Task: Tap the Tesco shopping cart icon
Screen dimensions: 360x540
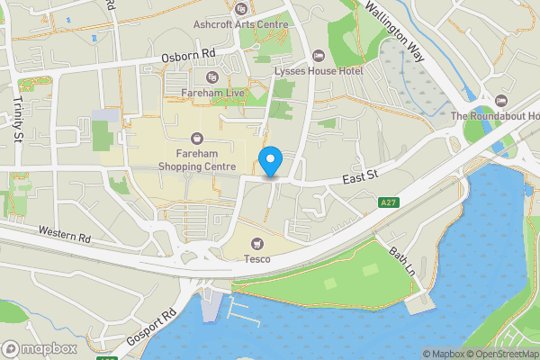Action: click(x=258, y=243)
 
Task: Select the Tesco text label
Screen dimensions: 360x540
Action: click(x=258, y=259)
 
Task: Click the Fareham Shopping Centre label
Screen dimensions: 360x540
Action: click(x=196, y=160)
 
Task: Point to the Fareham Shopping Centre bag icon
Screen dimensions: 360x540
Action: click(x=196, y=138)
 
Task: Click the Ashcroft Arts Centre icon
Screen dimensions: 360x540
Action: click(x=240, y=10)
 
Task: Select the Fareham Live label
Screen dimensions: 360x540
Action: click(x=211, y=93)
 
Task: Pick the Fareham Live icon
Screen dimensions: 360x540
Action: click(x=211, y=76)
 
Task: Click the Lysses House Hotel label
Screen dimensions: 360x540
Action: click(x=319, y=71)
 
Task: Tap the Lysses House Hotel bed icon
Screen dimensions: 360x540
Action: click(x=319, y=55)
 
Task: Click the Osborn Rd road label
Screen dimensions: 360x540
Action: click(x=184, y=57)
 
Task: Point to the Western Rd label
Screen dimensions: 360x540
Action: click(x=64, y=235)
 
